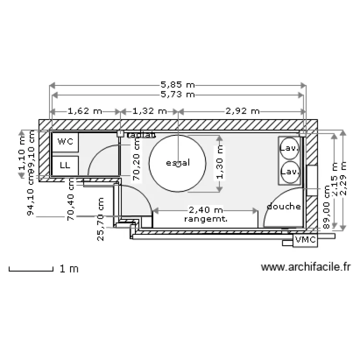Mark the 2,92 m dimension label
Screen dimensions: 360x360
pos(242,111)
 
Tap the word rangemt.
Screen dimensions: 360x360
pos(205,218)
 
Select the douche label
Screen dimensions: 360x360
pos(284,207)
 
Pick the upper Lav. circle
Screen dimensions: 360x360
pos(290,148)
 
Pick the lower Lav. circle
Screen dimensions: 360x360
pos(290,171)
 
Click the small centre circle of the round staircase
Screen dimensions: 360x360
pos(178,164)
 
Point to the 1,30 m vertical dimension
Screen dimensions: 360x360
pos(220,164)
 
